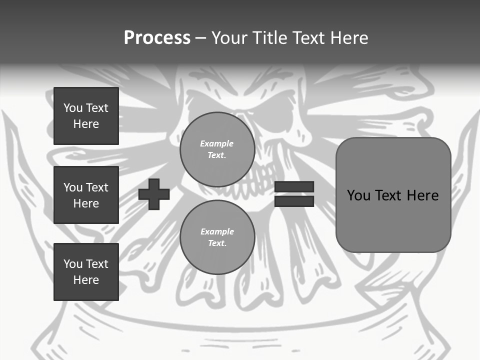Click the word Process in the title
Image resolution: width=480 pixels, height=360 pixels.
click(x=157, y=37)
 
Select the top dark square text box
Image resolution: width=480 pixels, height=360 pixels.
click(x=86, y=116)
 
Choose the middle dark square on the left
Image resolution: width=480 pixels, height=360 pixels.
click(x=86, y=195)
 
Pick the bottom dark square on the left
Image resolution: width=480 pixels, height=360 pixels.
click(x=86, y=272)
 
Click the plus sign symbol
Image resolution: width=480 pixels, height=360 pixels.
click(x=154, y=194)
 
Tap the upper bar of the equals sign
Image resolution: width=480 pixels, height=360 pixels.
click(x=294, y=187)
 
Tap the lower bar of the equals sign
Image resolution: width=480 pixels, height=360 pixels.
click(x=294, y=201)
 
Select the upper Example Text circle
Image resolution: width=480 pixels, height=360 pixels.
click(x=217, y=149)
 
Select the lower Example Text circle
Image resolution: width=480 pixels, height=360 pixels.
click(x=217, y=237)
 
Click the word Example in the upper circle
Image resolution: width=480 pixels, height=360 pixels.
click(x=217, y=143)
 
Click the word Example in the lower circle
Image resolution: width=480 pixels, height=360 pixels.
click(x=217, y=231)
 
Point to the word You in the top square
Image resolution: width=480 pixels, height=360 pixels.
click(x=73, y=108)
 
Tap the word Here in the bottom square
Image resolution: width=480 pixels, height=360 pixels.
click(x=86, y=280)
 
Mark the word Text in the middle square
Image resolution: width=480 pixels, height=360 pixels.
click(x=97, y=187)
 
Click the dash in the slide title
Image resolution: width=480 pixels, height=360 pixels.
click(x=200, y=38)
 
